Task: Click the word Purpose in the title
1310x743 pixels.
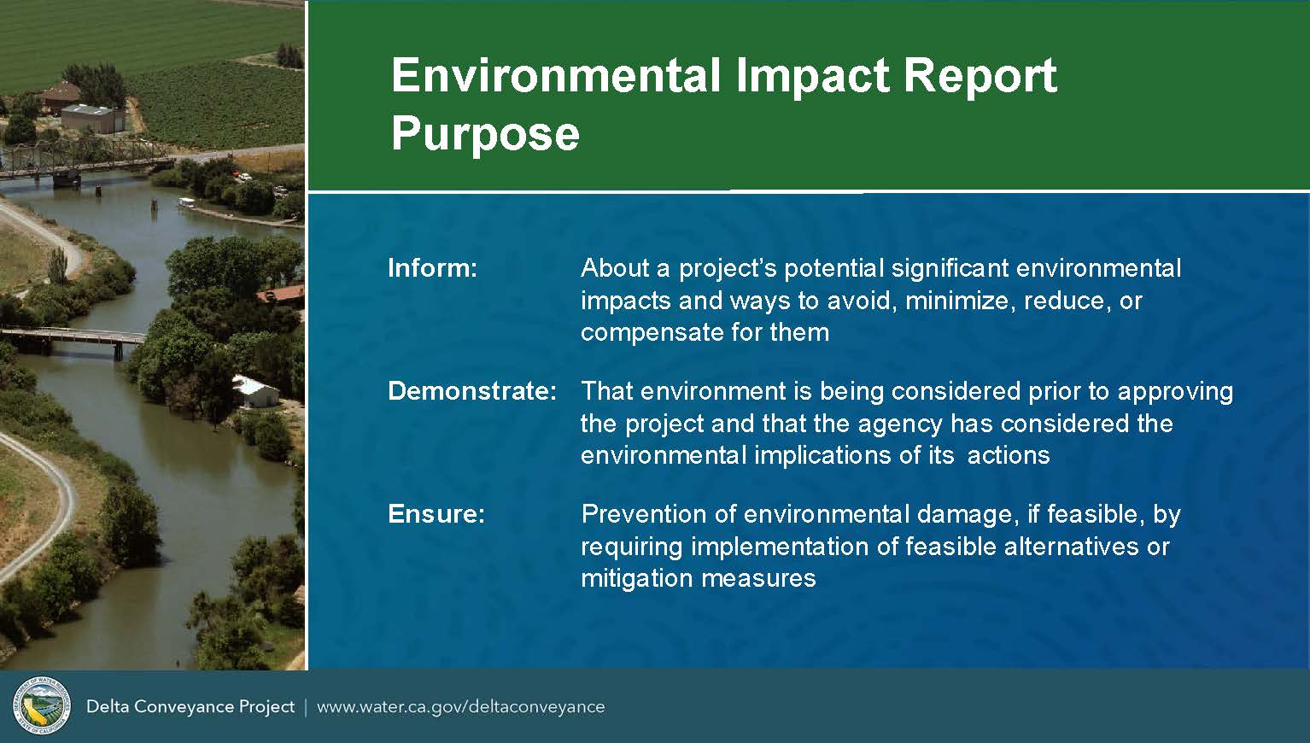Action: pyautogui.click(x=485, y=136)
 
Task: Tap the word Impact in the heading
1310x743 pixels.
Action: pyautogui.click(x=812, y=77)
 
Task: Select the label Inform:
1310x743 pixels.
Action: pyautogui.click(x=433, y=268)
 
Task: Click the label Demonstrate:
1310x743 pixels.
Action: pyautogui.click(x=472, y=391)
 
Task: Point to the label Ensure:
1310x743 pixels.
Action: pyautogui.click(x=436, y=513)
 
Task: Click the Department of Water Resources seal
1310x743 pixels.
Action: pyautogui.click(x=42, y=705)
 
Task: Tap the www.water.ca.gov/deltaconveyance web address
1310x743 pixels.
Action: pyautogui.click(x=461, y=707)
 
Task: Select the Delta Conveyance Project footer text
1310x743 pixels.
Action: pyautogui.click(x=190, y=707)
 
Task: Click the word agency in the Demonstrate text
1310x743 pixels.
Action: pyautogui.click(x=900, y=424)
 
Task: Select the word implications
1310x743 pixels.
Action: pyautogui.click(x=823, y=455)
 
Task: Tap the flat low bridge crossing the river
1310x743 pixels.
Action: pyautogui.click(x=73, y=339)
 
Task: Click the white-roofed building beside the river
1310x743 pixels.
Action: pyautogui.click(x=255, y=391)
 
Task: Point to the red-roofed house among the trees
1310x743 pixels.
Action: pyautogui.click(x=282, y=295)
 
